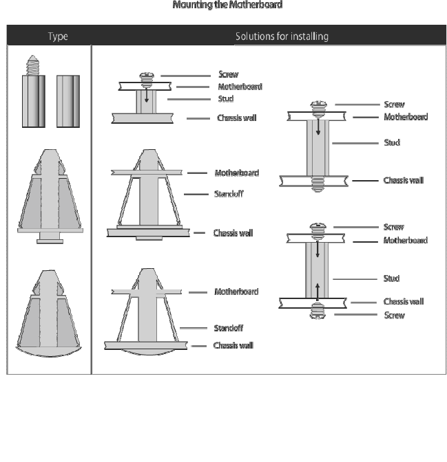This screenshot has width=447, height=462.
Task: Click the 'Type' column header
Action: click(x=57, y=36)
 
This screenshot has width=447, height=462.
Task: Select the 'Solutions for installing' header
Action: click(x=281, y=36)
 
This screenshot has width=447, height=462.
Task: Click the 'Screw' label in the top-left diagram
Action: click(x=228, y=74)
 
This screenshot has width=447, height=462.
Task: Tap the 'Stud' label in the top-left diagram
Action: click(x=225, y=99)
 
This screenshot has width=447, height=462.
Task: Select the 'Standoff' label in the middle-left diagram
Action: click(x=228, y=195)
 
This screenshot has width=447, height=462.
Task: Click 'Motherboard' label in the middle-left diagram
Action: click(x=236, y=173)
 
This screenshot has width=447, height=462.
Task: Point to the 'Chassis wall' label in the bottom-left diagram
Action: click(x=233, y=345)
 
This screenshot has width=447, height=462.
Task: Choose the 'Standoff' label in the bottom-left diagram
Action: click(x=228, y=329)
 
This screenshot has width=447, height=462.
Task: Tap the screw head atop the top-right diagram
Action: click(x=318, y=106)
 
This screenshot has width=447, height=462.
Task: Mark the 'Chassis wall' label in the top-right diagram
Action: click(x=403, y=181)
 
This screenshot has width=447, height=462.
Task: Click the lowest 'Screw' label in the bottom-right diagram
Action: click(x=393, y=316)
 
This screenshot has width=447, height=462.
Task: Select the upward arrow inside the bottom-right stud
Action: click(x=318, y=287)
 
